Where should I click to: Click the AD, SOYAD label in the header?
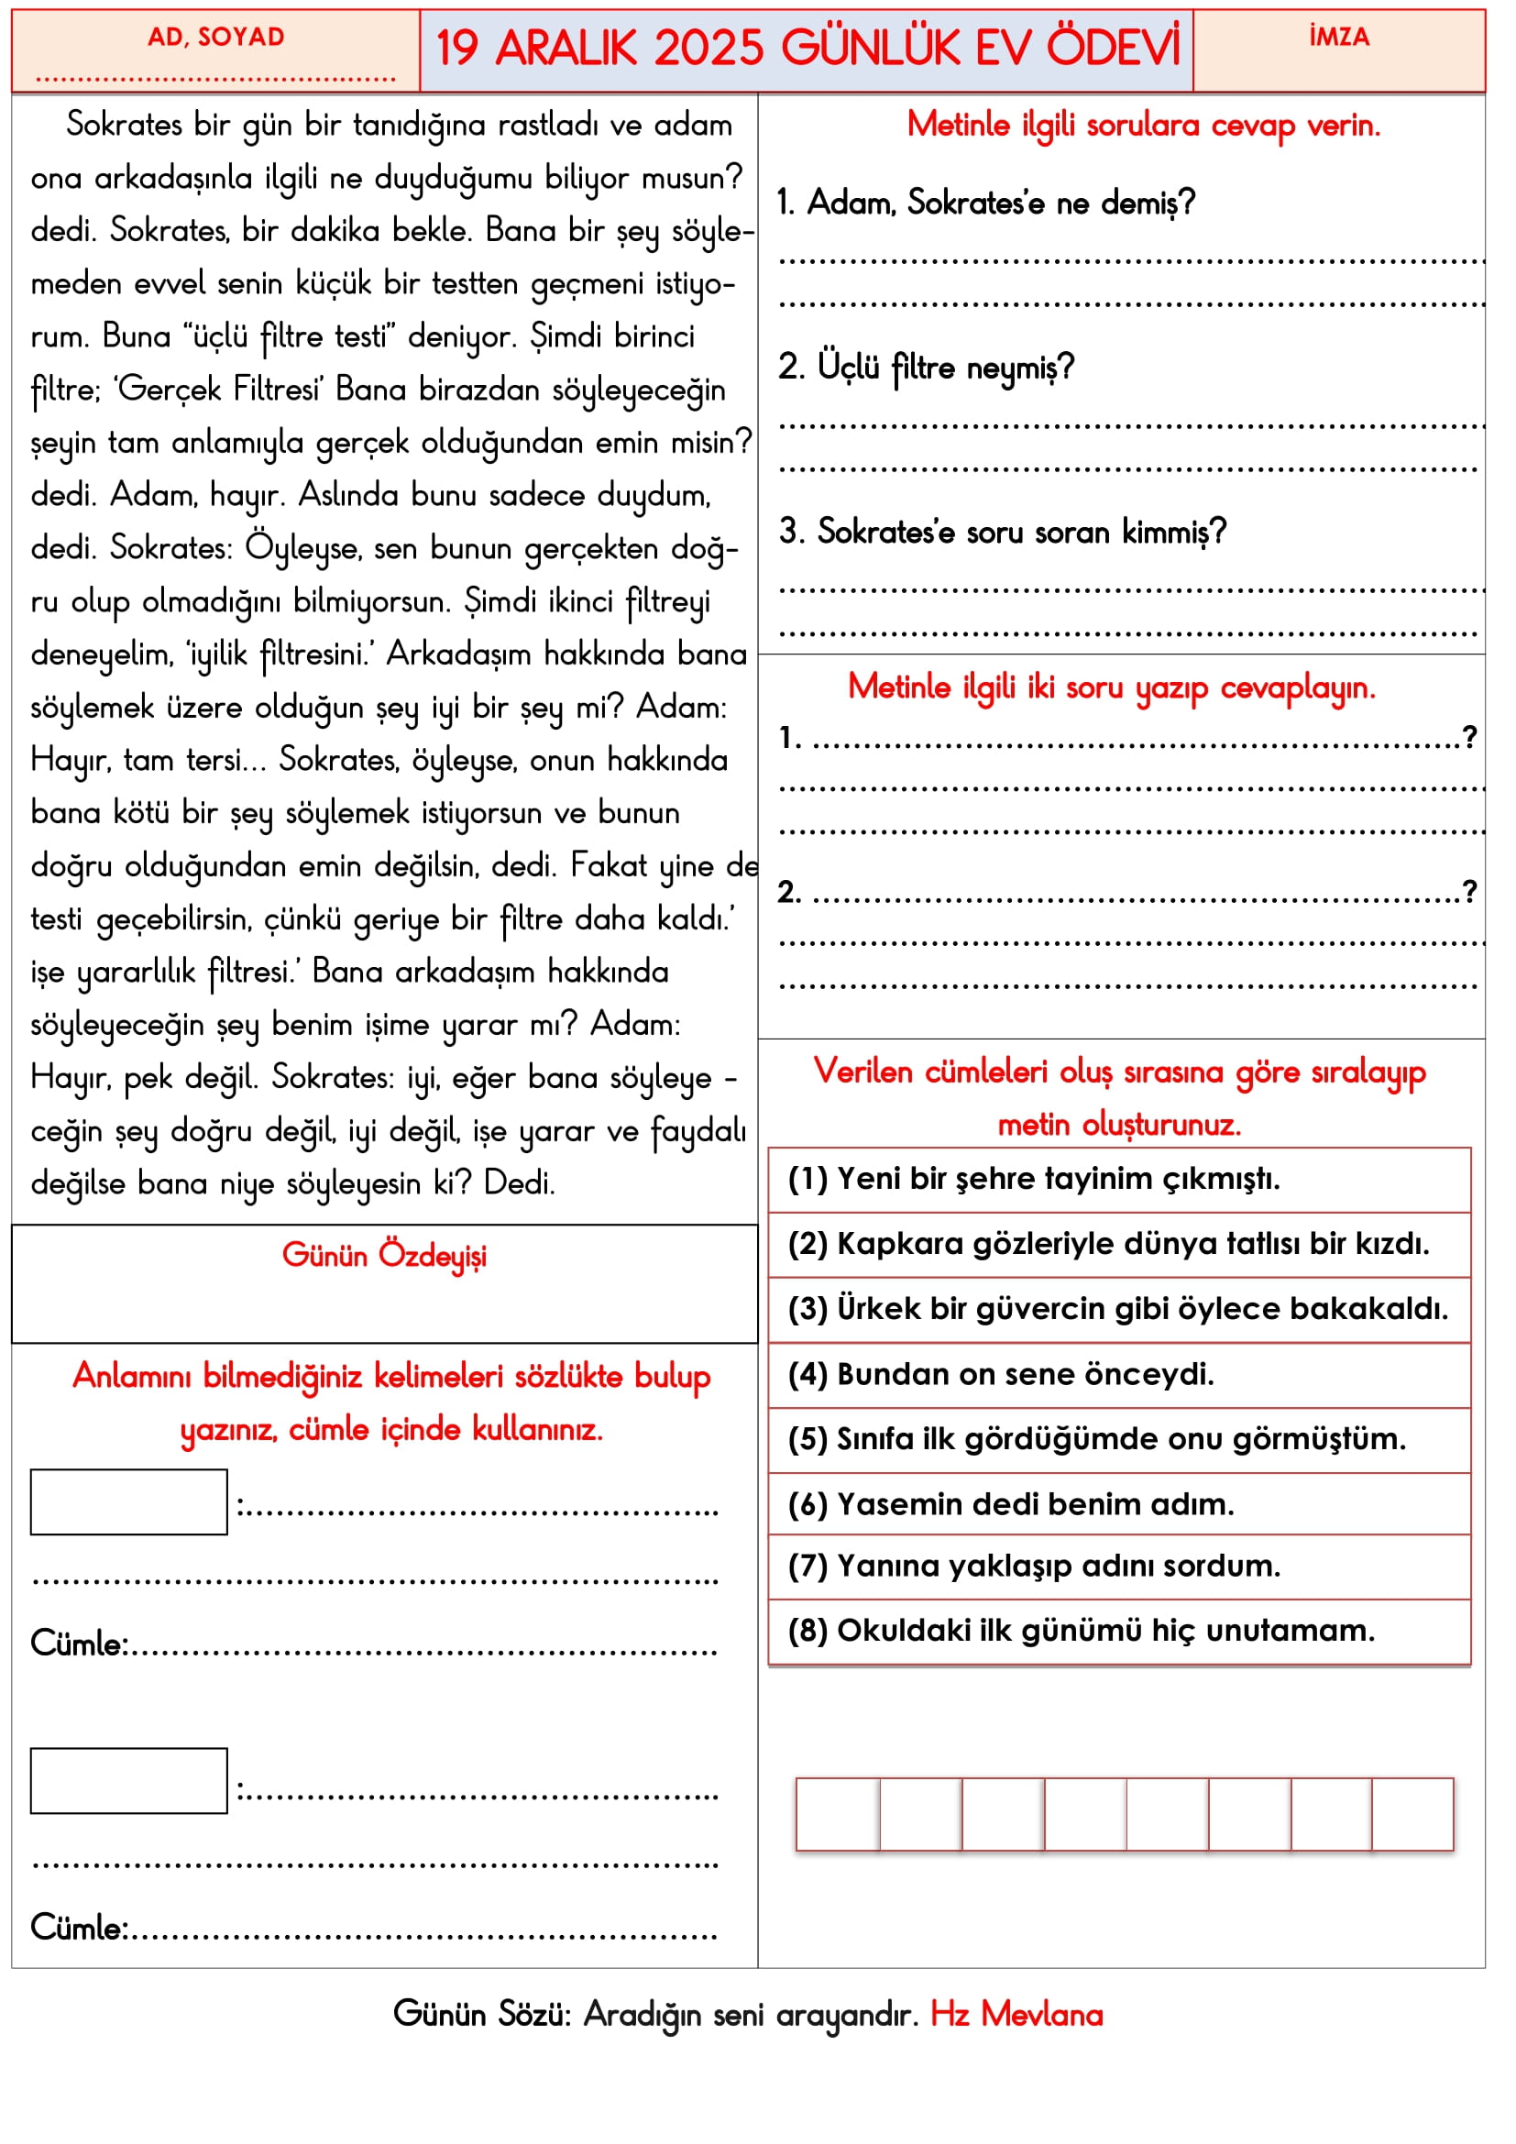pos(215,38)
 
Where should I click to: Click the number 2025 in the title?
pos(709,49)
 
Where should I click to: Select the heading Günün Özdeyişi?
pos(384,1255)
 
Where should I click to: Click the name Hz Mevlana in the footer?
pos(1016,2014)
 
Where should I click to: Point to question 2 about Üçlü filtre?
pos(926,367)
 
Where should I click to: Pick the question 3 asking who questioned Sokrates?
pos(1002,532)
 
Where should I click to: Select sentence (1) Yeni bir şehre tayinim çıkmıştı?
pos(1033,1179)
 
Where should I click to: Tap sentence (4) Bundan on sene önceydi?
pos(1001,1374)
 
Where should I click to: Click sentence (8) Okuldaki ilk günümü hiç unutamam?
pos(1081,1630)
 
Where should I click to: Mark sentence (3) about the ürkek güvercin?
pos(1117,1308)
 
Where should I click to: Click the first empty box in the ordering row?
pos(838,1813)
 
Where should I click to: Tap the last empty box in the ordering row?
pos(1412,1813)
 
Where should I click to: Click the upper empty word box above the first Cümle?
pos(129,1501)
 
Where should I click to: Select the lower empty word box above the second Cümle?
pos(129,1780)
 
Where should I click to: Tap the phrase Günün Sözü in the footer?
pos(482,2014)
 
